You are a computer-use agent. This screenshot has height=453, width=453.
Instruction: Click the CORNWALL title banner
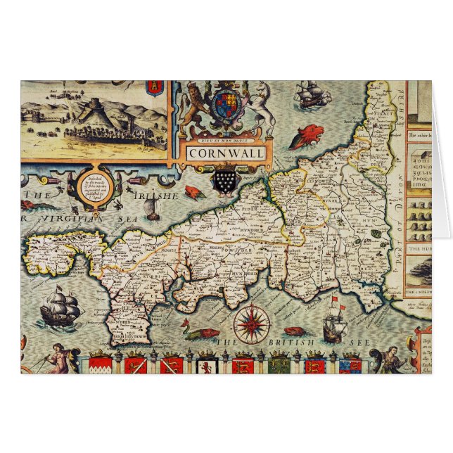coord(217,153)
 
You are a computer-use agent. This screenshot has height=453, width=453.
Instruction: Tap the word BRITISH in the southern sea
coord(289,343)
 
